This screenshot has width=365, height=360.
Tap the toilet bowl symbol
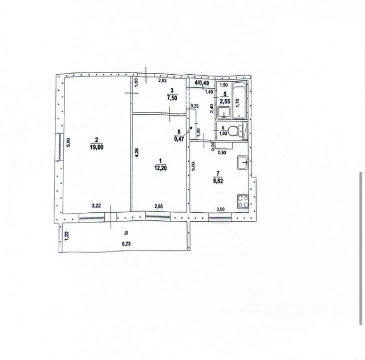coord(241,131)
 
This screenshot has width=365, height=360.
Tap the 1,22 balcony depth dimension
coord(67,234)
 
